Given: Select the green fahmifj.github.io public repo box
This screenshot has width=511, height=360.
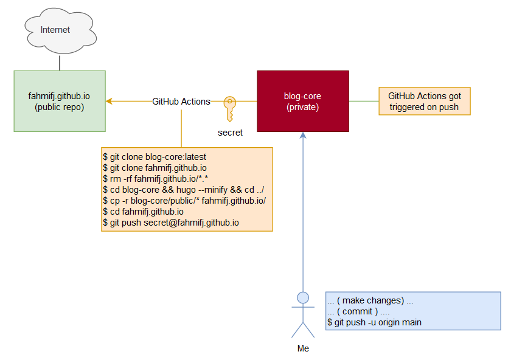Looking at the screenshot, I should pyautogui.click(x=60, y=101).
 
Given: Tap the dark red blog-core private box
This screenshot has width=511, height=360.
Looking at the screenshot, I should pyautogui.click(x=303, y=101).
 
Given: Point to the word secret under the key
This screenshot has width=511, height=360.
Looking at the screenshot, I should pyautogui.click(x=230, y=132).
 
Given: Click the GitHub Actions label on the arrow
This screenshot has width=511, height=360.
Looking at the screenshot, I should pyautogui.click(x=181, y=102).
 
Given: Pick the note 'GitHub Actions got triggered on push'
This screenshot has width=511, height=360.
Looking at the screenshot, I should pyautogui.click(x=425, y=102).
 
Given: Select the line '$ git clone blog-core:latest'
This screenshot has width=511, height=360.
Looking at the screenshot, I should pyautogui.click(x=155, y=157).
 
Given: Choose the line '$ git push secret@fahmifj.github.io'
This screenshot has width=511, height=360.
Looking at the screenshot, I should pyautogui.click(x=171, y=223).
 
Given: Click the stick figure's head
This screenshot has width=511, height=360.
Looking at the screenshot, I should pyautogui.click(x=302, y=297).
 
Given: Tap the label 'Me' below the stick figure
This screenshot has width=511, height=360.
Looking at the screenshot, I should pyautogui.click(x=303, y=348).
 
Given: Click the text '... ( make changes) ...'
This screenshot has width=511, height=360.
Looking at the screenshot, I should pyautogui.click(x=370, y=300).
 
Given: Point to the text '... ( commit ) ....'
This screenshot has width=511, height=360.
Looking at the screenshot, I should pyautogui.click(x=359, y=311).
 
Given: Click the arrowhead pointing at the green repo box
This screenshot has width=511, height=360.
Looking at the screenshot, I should pyautogui.click(x=109, y=101).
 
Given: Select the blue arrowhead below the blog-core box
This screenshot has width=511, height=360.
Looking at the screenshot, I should pyautogui.click(x=303, y=136).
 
